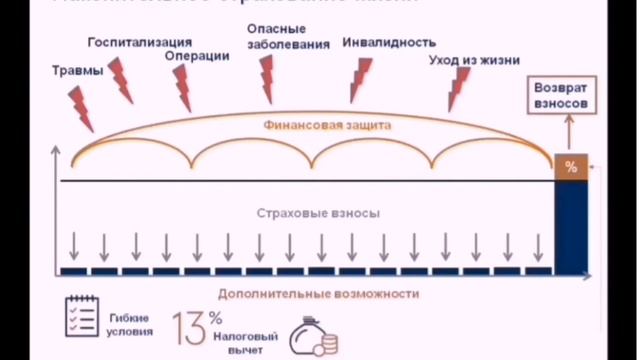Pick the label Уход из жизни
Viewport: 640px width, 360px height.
click(474, 60)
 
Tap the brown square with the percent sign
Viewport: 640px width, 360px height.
click(571, 167)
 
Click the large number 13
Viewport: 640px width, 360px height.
click(190, 328)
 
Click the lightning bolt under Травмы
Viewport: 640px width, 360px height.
click(82, 106)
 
